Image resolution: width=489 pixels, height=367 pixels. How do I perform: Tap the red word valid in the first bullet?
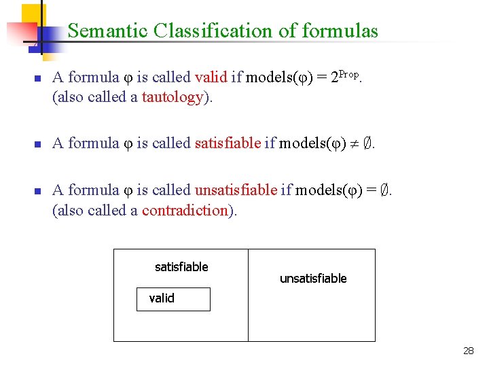[x=211, y=77]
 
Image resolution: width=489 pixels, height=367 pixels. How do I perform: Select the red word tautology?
[x=173, y=97]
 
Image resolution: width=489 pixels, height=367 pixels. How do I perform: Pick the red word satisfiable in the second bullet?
[x=228, y=143]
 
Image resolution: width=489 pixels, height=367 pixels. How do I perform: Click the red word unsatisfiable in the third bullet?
[x=236, y=190]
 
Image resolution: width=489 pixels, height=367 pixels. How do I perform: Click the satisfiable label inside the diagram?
[x=181, y=267]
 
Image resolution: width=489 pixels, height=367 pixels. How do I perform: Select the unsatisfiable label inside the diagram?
[x=313, y=279]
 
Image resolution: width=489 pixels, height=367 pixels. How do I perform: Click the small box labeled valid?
[x=173, y=299]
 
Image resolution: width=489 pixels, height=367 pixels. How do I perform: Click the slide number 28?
[x=468, y=351]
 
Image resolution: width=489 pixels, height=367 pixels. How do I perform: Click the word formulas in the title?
[x=340, y=31]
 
